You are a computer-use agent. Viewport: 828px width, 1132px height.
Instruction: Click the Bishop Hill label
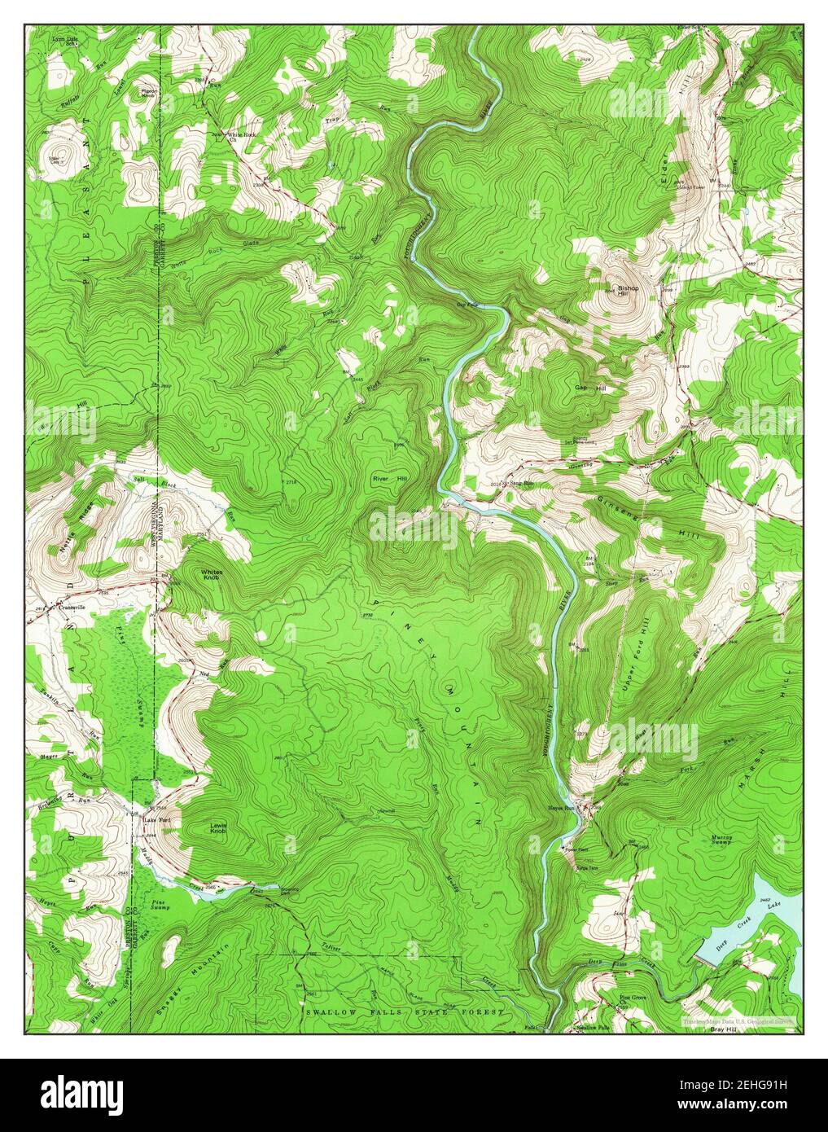pyautogui.click(x=628, y=291)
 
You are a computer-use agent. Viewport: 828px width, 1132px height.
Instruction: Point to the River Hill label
pyautogui.click(x=389, y=480)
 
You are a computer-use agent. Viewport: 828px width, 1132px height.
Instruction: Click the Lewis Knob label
pyautogui.click(x=218, y=828)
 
